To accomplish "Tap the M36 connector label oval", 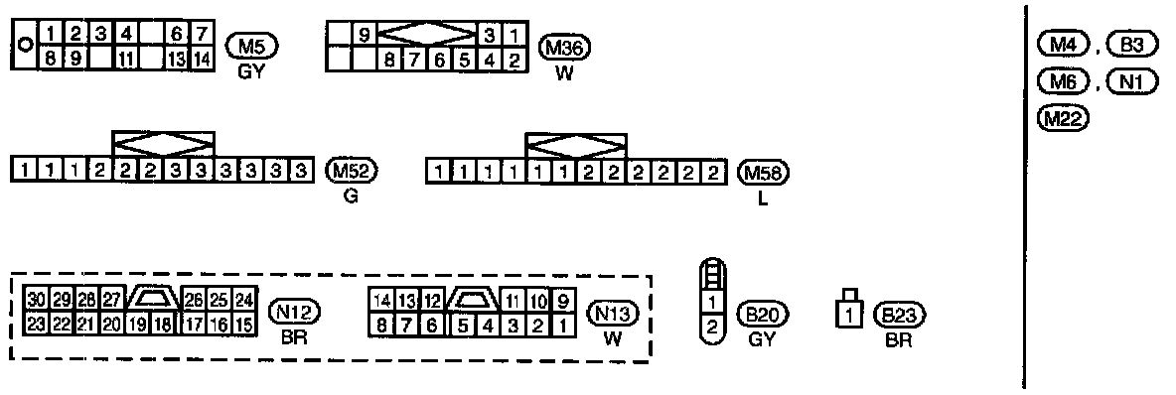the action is coord(565,48).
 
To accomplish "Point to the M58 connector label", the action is coord(764,174).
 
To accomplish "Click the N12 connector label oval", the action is coord(295,311).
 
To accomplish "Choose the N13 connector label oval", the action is coord(612,313).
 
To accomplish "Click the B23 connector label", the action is coord(899,315).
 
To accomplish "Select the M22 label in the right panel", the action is coord(1062,118).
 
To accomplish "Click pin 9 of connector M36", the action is coord(364,35).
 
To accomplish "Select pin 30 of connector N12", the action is coord(35,299).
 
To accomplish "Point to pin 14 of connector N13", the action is coord(381,302).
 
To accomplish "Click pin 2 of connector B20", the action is coord(712,327).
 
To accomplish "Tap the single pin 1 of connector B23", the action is coord(848,315).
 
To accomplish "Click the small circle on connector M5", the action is coord(24,45).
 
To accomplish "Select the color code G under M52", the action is coord(351,197).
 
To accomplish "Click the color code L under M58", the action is coord(764,200).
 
